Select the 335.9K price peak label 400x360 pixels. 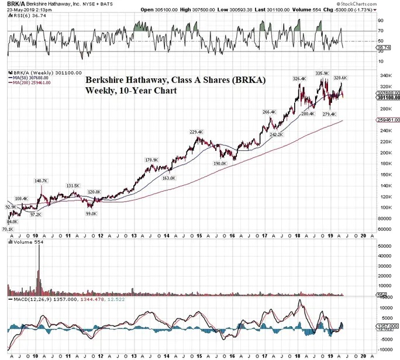click(322, 73)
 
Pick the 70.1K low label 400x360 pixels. click(7, 230)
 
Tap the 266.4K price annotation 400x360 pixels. click(269, 112)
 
